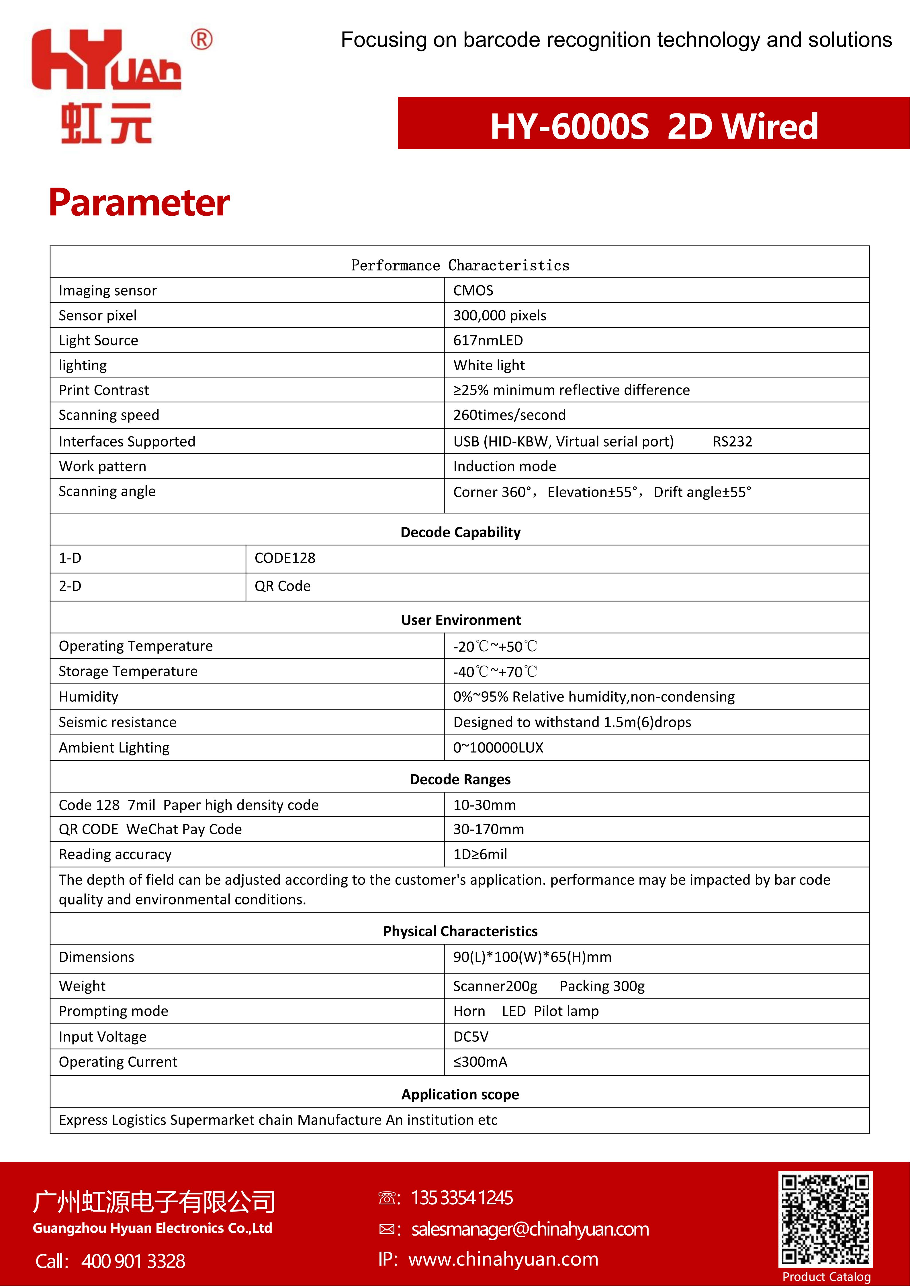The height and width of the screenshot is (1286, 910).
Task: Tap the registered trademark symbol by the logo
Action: [201, 40]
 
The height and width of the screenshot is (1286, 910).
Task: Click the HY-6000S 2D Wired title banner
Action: [653, 125]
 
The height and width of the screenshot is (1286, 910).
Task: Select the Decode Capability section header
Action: [460, 532]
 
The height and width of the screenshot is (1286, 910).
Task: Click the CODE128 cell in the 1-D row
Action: [285, 558]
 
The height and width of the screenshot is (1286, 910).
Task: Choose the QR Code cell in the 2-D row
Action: [282, 586]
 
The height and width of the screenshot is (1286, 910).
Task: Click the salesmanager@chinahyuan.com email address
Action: [530, 1229]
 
